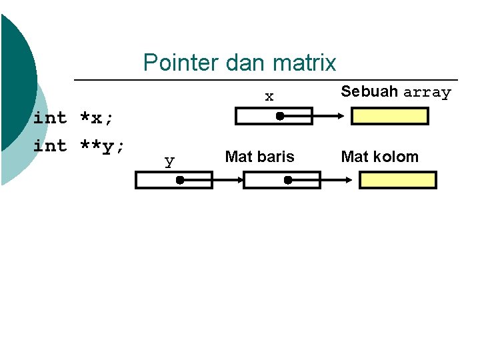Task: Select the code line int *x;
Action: point(73,118)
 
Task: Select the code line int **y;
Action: point(79,146)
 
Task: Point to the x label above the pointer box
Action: point(269,97)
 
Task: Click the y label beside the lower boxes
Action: point(169,161)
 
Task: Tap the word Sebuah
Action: point(369,91)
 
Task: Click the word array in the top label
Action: point(427,93)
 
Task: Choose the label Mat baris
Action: point(259,157)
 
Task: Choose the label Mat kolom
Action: point(380,157)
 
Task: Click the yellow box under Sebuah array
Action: point(390,117)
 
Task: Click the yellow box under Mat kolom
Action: point(397,180)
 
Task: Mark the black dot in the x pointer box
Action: point(281,117)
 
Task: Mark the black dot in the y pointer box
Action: point(180,180)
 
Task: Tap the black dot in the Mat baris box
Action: point(288,180)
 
